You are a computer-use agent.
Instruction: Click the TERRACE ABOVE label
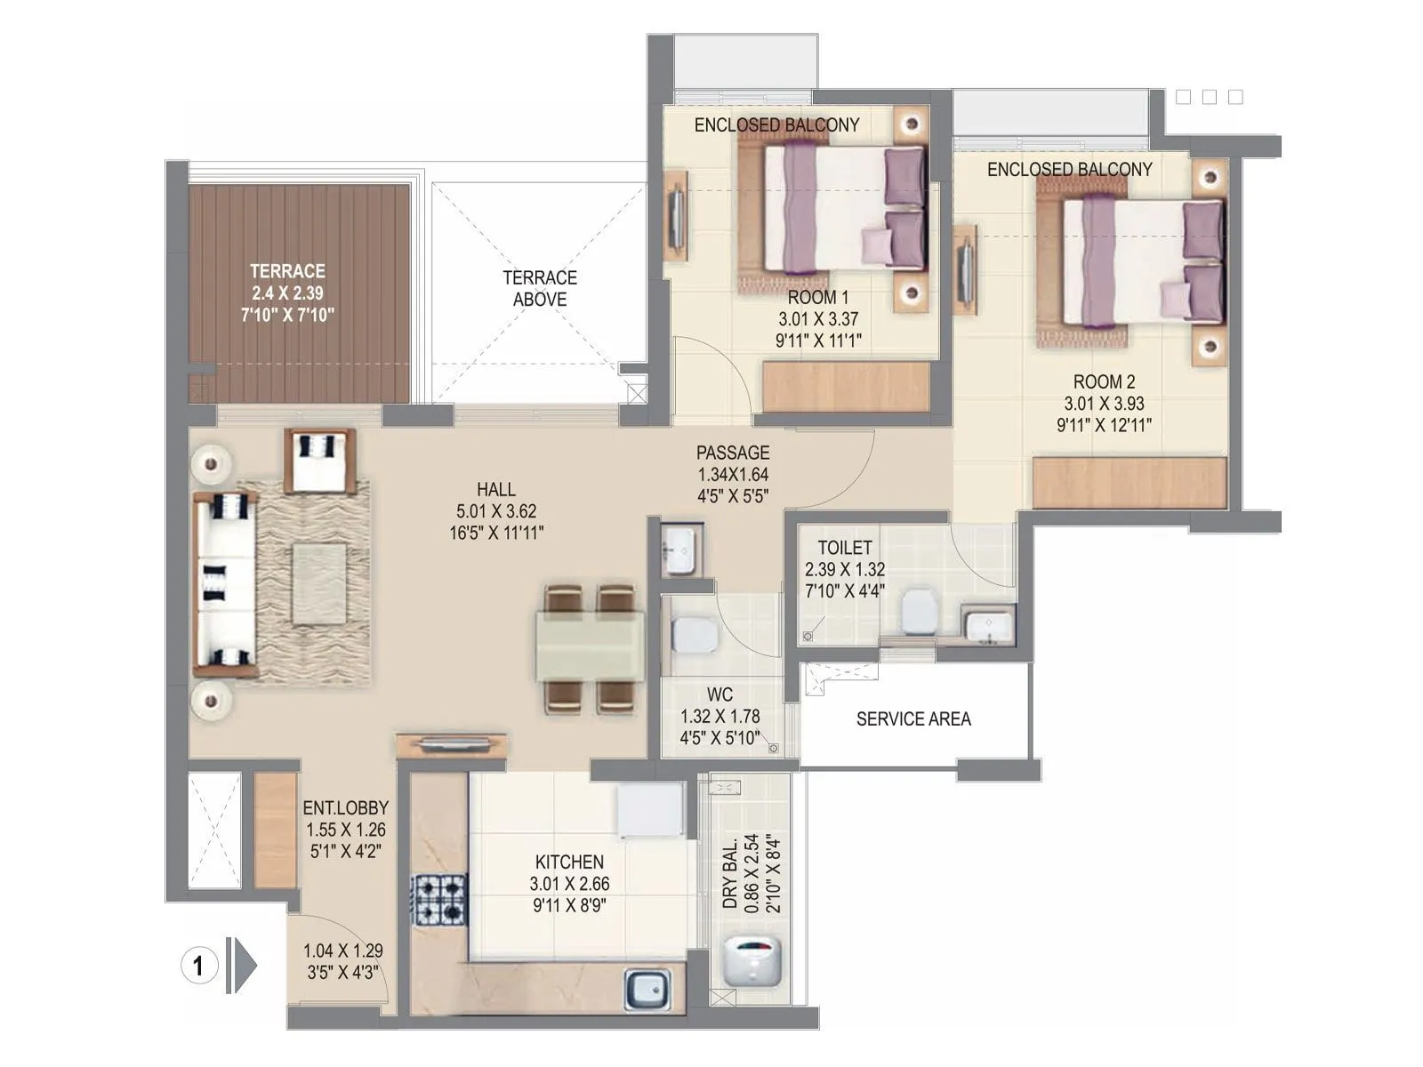[539, 289]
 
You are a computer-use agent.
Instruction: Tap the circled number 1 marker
[198, 965]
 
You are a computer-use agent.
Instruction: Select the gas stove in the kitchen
[438, 898]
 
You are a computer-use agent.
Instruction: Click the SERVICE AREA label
[913, 718]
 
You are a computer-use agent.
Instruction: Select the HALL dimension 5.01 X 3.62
[496, 511]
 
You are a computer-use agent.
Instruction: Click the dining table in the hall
[591, 646]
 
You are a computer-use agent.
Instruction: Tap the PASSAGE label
[733, 453]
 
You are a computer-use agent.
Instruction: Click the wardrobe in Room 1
[847, 387]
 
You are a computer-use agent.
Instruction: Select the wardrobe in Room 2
[1130, 483]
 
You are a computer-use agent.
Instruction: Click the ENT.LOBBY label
[345, 807]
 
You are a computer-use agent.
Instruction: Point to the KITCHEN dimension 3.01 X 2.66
[569, 884]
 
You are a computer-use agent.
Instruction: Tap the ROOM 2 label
[1104, 381]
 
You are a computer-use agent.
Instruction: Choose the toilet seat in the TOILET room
[920, 613]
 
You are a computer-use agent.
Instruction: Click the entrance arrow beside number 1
[242, 965]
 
